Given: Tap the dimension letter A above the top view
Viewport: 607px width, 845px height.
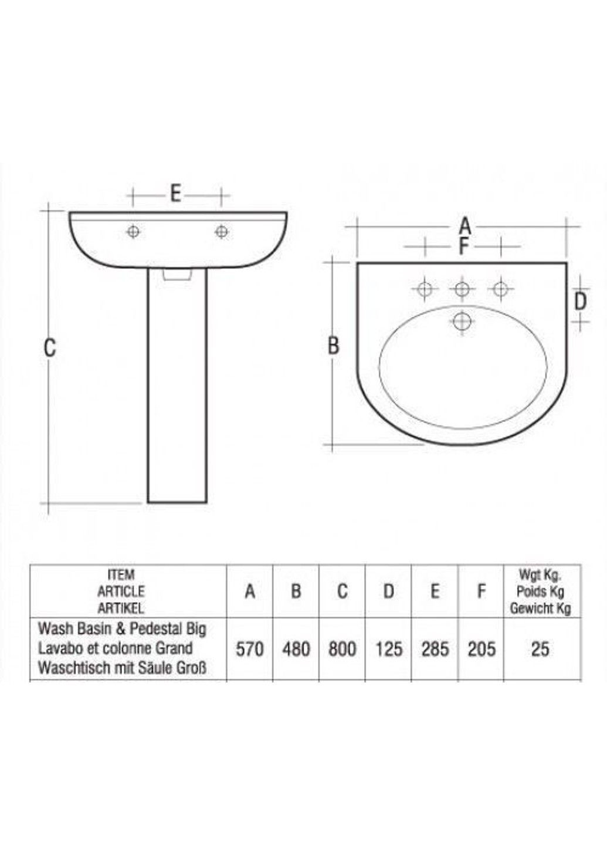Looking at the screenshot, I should tap(464, 225).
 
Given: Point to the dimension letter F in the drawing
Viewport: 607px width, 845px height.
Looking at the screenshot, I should tap(463, 246).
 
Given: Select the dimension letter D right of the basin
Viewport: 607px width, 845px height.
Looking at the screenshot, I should tap(580, 302).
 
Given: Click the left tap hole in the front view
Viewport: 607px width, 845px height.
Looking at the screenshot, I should tap(134, 232).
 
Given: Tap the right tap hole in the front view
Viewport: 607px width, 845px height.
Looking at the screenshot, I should tap(222, 232).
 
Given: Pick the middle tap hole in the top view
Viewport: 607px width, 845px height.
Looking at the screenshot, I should tap(462, 289).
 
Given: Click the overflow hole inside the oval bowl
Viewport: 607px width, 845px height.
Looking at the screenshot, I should tap(463, 321).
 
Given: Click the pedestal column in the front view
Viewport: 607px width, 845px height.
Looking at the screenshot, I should tap(177, 387).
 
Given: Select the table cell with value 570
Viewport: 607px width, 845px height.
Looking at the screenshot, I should tap(250, 648).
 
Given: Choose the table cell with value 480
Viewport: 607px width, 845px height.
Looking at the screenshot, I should tap(296, 648).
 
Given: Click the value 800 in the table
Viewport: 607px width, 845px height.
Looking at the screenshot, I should tap(343, 648).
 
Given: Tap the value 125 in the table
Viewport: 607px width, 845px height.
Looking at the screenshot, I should tap(389, 648).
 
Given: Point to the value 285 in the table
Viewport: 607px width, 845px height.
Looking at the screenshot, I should tap(435, 648).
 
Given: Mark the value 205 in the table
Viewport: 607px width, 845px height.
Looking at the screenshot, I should tap(481, 648).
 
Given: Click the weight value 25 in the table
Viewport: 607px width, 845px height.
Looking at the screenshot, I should tap(540, 648).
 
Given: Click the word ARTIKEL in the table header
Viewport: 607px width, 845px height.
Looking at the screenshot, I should tap(121, 609).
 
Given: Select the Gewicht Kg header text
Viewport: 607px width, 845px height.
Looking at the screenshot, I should tap(540, 609).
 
